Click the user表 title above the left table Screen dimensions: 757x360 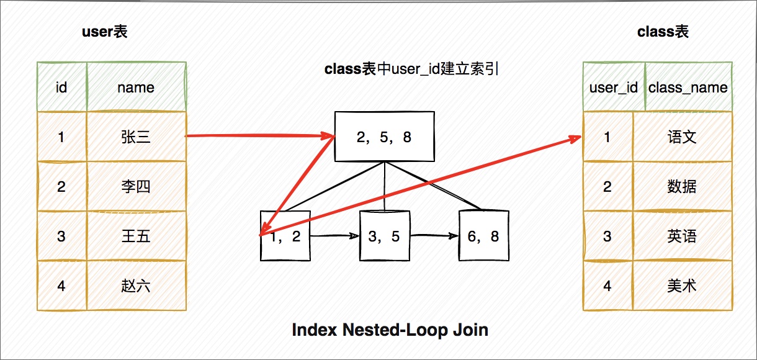point(105,32)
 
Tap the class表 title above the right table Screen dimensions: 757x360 point(663,32)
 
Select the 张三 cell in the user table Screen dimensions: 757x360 point(137,137)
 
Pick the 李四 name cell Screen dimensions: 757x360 point(137,186)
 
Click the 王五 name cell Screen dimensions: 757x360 point(137,236)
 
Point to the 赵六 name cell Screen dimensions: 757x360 point(137,286)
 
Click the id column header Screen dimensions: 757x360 point(62,87)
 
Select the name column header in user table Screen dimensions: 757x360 point(137,87)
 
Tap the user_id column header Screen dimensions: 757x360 point(614,87)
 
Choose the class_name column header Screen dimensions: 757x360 point(688,87)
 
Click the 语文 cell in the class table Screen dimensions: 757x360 point(683,137)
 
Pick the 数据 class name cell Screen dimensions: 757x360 point(683,186)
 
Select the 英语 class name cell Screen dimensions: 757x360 point(683,236)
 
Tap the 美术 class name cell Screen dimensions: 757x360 point(683,286)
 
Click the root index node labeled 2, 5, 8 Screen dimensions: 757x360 point(385,137)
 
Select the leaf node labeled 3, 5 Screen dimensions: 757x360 point(385,236)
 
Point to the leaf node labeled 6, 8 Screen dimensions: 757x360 point(483,236)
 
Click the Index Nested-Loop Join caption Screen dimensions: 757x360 point(390,330)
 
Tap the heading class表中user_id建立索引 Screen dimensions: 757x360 point(411,69)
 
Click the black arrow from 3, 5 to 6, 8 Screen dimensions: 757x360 point(434,235)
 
